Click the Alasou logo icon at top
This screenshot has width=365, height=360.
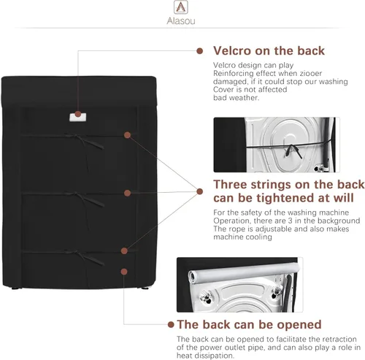coord(181,7)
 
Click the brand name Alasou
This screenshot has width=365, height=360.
coord(181,21)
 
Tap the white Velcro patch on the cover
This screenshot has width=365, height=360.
coord(78,117)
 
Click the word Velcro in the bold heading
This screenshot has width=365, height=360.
coord(232,51)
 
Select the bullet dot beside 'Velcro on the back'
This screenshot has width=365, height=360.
coord(200,51)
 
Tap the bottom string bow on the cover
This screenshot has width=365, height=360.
coord(85,258)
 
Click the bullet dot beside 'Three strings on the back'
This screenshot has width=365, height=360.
coord(200,191)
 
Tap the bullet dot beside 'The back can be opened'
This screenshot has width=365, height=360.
coord(171,324)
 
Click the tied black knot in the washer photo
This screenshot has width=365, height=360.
coord(293,150)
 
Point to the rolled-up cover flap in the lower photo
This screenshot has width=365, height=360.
coord(243,272)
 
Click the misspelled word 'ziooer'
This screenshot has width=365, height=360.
coord(311,73)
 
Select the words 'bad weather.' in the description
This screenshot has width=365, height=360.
coord(237,98)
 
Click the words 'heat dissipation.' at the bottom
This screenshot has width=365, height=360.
coord(205,356)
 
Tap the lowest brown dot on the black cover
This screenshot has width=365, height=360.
coord(124,272)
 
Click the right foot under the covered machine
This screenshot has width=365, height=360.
coord(145,288)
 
